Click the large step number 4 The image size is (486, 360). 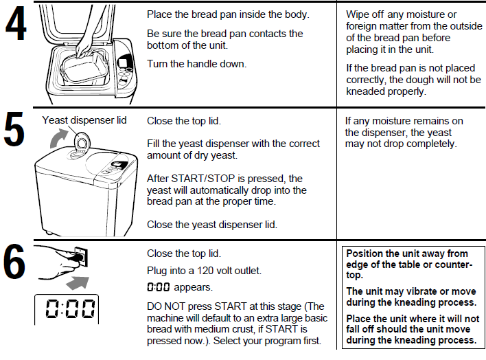(16, 24)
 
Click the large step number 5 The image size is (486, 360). (14, 129)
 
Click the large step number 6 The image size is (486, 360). (14, 261)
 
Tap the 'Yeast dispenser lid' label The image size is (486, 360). (84, 120)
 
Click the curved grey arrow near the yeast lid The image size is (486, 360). (58, 138)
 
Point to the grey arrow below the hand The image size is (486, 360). (78, 282)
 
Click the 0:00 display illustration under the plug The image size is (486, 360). (67, 308)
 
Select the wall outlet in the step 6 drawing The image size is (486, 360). (81, 257)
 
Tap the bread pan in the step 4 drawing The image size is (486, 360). (84, 67)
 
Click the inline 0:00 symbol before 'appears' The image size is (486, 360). (159, 287)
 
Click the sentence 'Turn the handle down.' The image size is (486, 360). (197, 64)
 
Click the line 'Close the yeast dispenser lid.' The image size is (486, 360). (212, 225)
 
